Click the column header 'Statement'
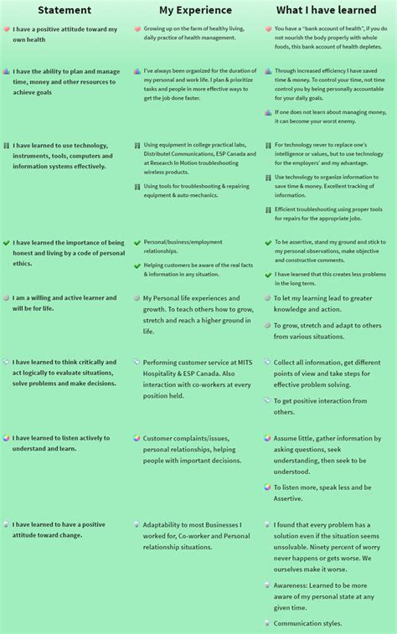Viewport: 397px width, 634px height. tap(64, 9)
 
